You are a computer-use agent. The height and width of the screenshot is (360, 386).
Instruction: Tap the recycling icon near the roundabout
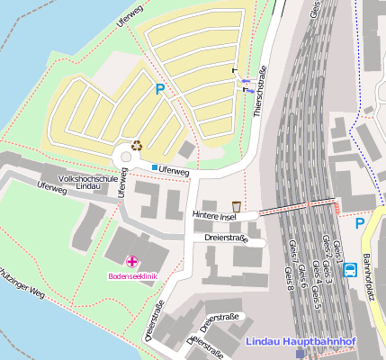pos(137,144)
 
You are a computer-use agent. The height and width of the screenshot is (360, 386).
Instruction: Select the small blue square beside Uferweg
pos(154,168)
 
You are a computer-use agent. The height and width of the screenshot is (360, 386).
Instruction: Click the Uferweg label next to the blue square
pos(174,170)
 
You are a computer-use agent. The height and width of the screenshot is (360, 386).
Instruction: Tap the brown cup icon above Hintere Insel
pos(237,206)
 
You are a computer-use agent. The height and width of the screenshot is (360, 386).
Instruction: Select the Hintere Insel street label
pos(213,216)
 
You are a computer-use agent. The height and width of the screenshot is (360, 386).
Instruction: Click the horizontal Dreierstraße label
pos(226,238)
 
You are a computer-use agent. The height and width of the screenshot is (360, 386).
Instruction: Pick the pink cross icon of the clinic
pos(132,261)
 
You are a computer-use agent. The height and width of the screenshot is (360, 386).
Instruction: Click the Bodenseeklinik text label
pos(133,275)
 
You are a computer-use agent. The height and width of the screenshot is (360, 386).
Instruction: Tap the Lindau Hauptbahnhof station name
pos(301,342)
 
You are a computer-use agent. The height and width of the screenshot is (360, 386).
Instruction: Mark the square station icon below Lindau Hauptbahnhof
pos(301,354)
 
